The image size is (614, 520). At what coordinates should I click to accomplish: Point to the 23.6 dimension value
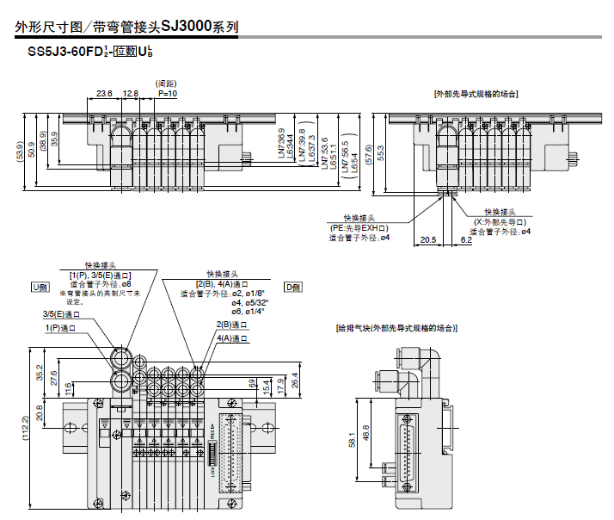[x=104, y=92]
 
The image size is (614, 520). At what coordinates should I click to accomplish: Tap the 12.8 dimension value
[x=131, y=92]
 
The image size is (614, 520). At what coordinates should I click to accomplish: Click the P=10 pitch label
[x=167, y=92]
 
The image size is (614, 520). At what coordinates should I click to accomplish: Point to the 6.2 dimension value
[x=465, y=240]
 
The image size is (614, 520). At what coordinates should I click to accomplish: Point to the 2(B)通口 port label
[x=232, y=325]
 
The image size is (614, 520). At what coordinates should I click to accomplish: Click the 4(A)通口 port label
[x=232, y=338]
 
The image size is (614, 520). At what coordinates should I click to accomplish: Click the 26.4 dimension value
[x=296, y=379]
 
